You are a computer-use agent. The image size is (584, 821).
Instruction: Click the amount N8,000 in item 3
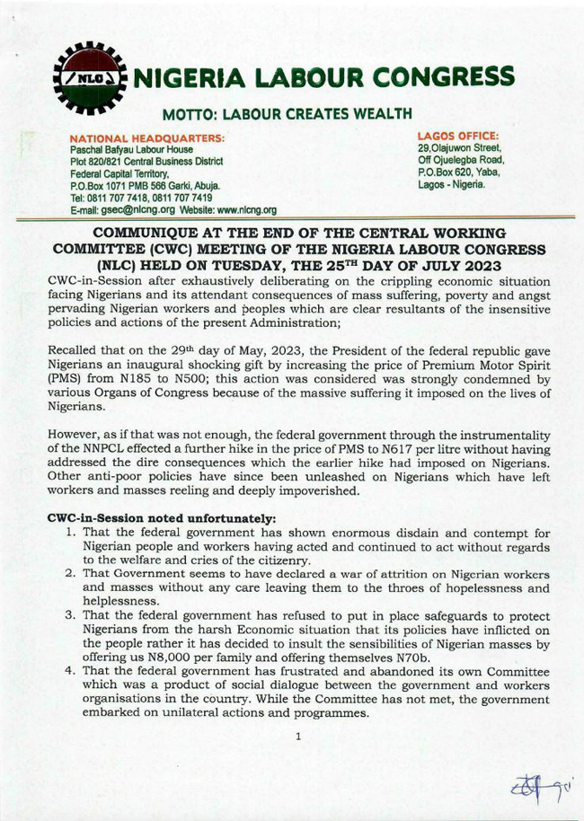pos(158,646)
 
